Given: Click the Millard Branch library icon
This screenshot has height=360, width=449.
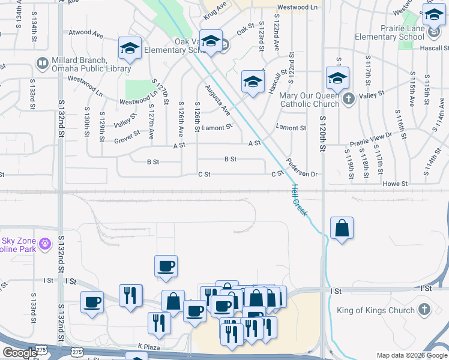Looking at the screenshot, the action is (43, 62).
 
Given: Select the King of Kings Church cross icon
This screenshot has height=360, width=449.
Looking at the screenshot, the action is (424, 310).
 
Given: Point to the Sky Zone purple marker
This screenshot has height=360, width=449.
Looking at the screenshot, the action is (44, 244).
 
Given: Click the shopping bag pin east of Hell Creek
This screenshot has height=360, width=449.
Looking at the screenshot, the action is (342, 228).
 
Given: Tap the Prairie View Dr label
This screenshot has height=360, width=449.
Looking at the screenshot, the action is (371, 144).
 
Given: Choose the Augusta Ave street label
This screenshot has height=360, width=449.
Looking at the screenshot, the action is (218, 100).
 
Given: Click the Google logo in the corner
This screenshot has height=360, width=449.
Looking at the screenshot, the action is (19, 353).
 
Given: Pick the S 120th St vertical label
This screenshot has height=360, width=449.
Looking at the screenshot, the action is (323, 132).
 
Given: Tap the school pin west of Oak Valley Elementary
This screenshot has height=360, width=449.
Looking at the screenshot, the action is (130, 48).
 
